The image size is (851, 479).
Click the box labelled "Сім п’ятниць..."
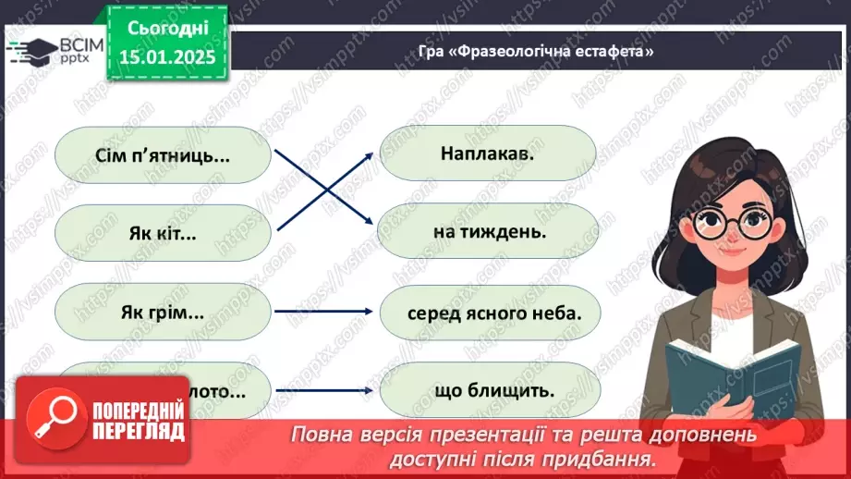[x=163, y=154]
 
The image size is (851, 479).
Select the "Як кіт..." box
[x=163, y=233]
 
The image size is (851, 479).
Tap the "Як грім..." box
[x=163, y=312]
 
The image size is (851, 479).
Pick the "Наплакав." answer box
[x=489, y=154]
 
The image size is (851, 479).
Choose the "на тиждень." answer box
[x=489, y=232]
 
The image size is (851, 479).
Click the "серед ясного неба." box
[x=489, y=312]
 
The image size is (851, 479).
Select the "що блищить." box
[x=489, y=390]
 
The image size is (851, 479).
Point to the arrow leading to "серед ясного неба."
[x=325, y=312]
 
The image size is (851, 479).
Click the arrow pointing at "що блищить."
[x=325, y=390]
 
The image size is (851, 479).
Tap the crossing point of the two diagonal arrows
[x=325, y=191]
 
